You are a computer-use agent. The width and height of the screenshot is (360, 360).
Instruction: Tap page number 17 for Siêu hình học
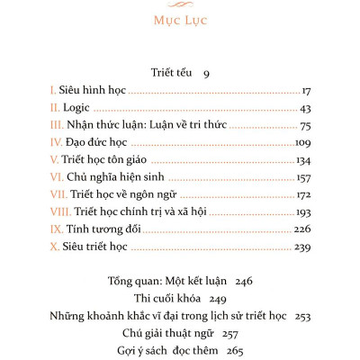[304, 91]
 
